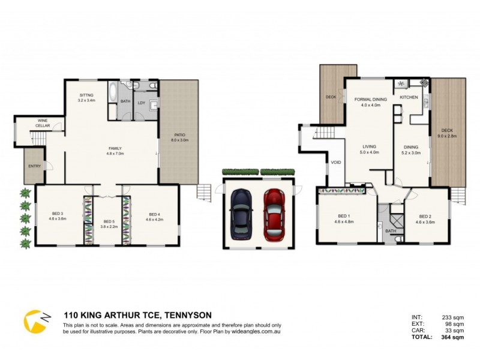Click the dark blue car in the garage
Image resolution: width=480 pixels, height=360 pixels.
[242, 214]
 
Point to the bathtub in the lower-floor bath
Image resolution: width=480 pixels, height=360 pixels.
[113, 94]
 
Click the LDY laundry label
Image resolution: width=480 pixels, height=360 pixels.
[142, 103]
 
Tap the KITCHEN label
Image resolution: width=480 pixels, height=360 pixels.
[409, 97]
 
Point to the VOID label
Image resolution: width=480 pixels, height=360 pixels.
[335, 163]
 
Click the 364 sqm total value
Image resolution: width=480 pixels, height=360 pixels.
[453, 337]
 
